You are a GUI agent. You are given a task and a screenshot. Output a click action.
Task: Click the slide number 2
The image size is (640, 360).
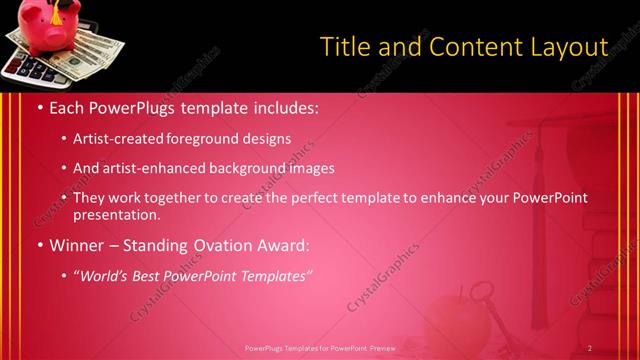(590, 348)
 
